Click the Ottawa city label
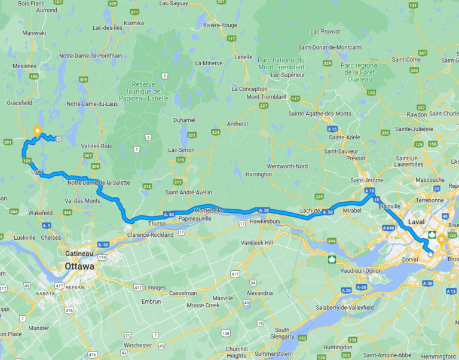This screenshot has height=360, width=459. pos(79,266)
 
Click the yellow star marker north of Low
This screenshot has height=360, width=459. pos(37,130)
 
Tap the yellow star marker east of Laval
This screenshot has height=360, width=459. pos(442,240)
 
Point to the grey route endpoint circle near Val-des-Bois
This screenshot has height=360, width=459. pos(59,139)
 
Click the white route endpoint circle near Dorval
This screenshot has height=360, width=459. pos(430,254)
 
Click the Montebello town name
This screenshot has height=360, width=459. pos(209,211)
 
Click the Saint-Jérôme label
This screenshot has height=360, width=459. pos(366,180)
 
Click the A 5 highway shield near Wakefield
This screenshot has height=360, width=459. pos(47,225)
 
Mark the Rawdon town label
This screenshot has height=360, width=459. pos(416,114)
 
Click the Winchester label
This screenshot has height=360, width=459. pos(138,345)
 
